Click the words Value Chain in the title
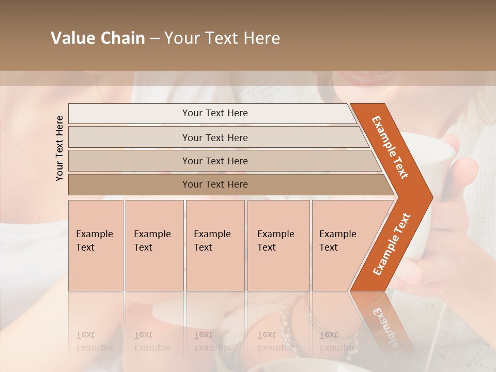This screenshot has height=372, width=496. [98, 38]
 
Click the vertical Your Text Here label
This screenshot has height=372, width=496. [59, 148]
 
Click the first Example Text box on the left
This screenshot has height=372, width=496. [96, 245]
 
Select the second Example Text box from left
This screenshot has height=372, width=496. [154, 245]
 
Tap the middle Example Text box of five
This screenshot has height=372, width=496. [215, 245]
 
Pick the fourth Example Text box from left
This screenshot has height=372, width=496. [278, 245]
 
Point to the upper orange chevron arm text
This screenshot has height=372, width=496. [390, 147]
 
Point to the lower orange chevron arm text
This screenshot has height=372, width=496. [392, 244]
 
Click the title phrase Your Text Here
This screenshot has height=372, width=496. [222, 38]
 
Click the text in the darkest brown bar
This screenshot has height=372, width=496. [215, 184]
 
